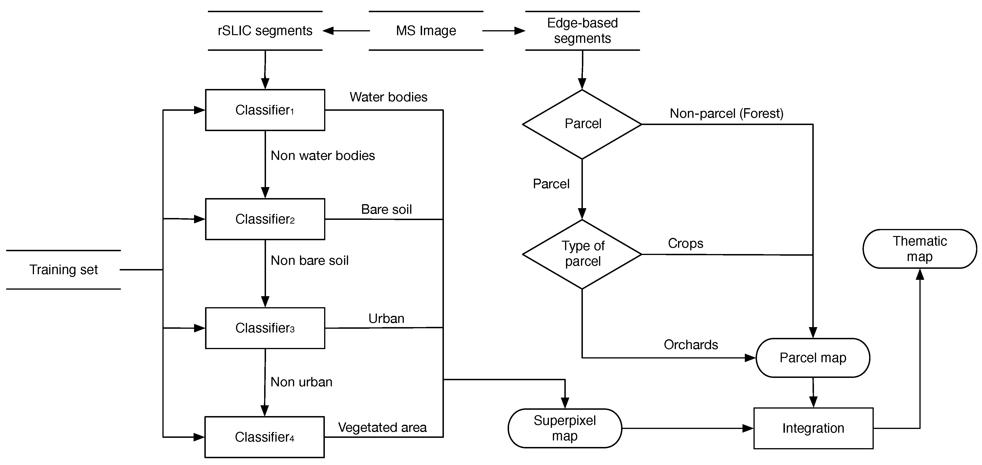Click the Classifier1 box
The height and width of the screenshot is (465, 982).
[265, 110]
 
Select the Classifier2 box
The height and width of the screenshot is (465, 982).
[265, 219]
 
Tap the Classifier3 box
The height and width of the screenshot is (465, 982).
[265, 328]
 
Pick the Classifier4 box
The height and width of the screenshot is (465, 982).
[265, 437]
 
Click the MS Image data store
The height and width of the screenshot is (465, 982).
[426, 30]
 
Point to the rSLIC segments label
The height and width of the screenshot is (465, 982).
[265, 30]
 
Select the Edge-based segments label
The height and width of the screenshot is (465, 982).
[582, 30]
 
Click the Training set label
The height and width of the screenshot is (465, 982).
[64, 270]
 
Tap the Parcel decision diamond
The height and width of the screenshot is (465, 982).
[582, 124]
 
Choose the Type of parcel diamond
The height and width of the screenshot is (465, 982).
[582, 254]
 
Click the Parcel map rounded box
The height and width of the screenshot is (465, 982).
[813, 358]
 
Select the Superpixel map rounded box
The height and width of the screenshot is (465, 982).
[565, 428]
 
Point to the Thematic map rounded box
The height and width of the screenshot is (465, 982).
[919, 249]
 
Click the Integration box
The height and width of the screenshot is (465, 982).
[813, 428]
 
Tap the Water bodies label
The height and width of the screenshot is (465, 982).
[388, 97]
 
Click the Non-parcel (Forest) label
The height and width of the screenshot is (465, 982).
[727, 114]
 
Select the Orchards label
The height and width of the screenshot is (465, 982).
[691, 345]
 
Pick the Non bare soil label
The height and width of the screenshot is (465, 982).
[310, 261]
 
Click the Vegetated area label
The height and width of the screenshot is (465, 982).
[382, 427]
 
